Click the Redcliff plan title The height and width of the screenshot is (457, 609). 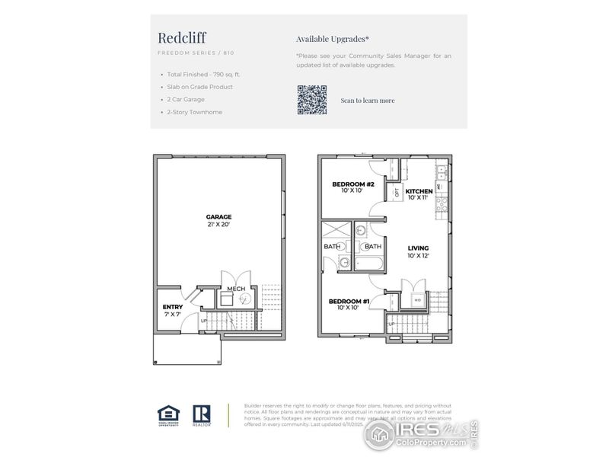[182, 37]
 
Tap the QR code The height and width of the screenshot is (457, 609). [311, 100]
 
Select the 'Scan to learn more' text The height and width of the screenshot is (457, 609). [367, 101]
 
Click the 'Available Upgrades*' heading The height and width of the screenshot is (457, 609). [333, 38]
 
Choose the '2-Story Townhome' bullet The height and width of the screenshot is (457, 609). [195, 112]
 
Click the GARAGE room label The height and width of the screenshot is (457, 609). [218, 217]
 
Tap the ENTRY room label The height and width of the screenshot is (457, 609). [173, 308]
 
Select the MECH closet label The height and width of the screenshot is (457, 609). [235, 289]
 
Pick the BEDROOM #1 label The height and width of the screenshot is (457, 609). [349, 302]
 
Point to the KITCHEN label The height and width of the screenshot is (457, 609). [419, 191]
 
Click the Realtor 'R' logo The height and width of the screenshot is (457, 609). [202, 414]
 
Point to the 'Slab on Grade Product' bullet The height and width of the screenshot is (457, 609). [199, 87]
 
